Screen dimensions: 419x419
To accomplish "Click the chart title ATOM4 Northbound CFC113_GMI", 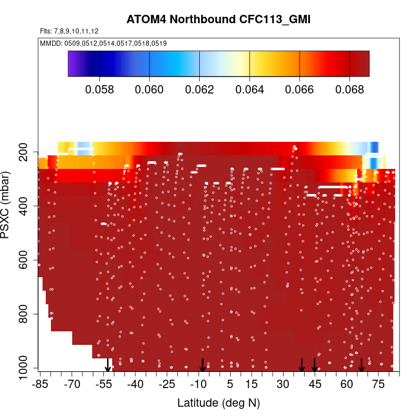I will pyautogui.click(x=219, y=20).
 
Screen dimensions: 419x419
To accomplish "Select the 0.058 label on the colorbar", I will pyautogui.click(x=100, y=88).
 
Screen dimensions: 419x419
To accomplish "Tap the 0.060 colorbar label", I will pyautogui.click(x=150, y=88).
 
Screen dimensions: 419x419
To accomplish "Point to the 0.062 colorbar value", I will pyautogui.click(x=199, y=88).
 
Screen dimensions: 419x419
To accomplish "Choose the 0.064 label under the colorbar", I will pyautogui.click(x=249, y=88).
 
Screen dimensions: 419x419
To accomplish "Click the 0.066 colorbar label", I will pyautogui.click(x=299, y=88).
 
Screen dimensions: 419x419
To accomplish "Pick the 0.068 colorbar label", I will pyautogui.click(x=349, y=88).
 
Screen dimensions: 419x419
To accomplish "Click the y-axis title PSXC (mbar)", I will pyautogui.click(x=7, y=205).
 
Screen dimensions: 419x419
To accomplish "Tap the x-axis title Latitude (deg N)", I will pyautogui.click(x=219, y=403).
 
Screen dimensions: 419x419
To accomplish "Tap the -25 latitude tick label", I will pyautogui.click(x=168, y=385).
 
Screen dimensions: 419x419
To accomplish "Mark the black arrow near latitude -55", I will pyautogui.click(x=108, y=365).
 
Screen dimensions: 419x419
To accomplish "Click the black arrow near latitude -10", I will pyautogui.click(x=202, y=365).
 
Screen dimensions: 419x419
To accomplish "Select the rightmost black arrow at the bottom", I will pyautogui.click(x=362, y=365).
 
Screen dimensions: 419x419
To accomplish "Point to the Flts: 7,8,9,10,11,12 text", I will pyautogui.click(x=64, y=31).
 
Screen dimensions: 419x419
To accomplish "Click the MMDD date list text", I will pyautogui.click(x=104, y=43).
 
